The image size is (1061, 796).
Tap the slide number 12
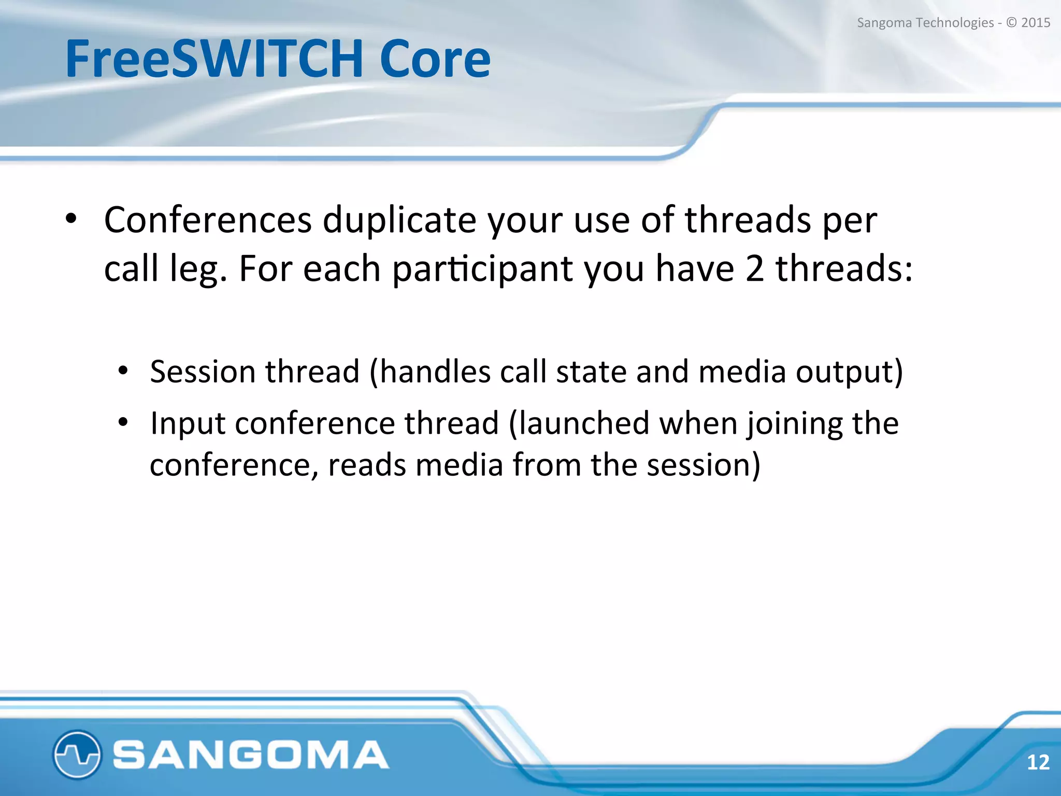(x=1038, y=762)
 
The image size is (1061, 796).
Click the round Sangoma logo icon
(x=77, y=755)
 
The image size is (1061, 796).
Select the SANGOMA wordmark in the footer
(x=251, y=755)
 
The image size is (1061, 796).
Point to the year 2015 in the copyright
(x=1035, y=23)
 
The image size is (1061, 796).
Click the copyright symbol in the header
(x=1011, y=23)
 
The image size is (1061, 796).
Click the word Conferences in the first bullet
(x=208, y=220)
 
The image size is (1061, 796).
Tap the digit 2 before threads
(x=754, y=268)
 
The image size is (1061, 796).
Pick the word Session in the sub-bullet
(x=203, y=372)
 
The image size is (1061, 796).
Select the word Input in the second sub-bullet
(x=188, y=423)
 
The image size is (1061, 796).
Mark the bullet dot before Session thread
(x=123, y=371)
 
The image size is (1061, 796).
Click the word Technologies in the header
(x=955, y=23)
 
